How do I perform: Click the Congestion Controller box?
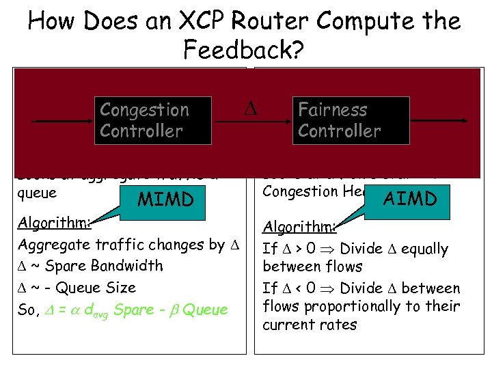(154, 120)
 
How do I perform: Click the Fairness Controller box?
(351, 120)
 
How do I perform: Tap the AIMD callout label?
(410, 199)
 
